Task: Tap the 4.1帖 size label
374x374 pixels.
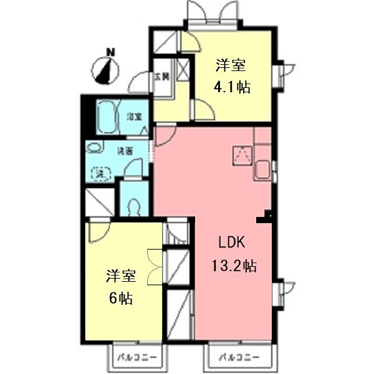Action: click(x=233, y=87)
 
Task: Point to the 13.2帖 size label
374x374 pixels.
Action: click(x=231, y=266)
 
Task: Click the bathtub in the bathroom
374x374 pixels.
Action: click(x=110, y=117)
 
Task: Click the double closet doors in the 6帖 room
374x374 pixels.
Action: click(x=154, y=266)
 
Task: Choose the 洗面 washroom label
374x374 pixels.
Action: click(x=125, y=150)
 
